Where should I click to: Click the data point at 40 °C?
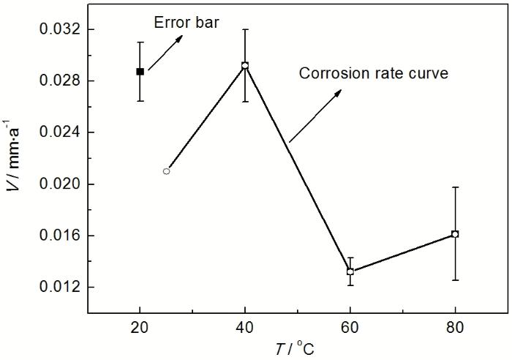[x=245, y=65]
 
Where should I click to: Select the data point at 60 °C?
[x=350, y=271]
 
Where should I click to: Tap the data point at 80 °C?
[x=455, y=234]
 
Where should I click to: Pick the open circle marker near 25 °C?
[x=167, y=171]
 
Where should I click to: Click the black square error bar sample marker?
[x=140, y=72]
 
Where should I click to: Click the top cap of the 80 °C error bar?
[x=455, y=187]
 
